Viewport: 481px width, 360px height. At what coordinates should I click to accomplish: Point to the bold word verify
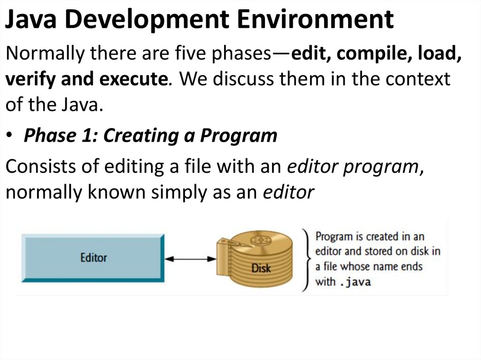29,79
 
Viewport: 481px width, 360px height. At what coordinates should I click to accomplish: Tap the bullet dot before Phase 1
10,136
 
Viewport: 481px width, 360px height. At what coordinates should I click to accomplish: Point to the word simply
178,192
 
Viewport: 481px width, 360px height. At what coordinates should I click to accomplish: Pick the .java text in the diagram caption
355,283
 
